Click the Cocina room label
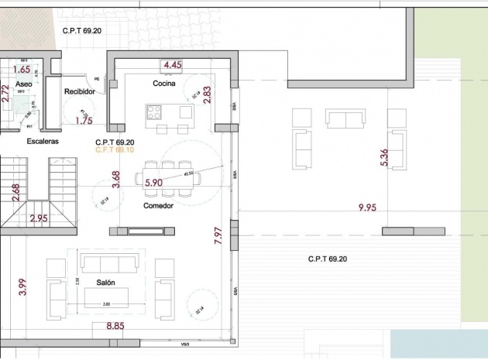[x=164, y=84]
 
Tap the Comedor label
[x=158, y=206]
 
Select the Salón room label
[x=106, y=283]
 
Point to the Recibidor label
[x=78, y=92]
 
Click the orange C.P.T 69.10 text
[x=115, y=150]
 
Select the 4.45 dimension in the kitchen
[x=173, y=66]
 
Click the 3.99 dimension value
[x=23, y=287]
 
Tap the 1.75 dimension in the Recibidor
[x=84, y=121]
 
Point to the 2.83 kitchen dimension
[x=207, y=94]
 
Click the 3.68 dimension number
[x=116, y=180]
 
